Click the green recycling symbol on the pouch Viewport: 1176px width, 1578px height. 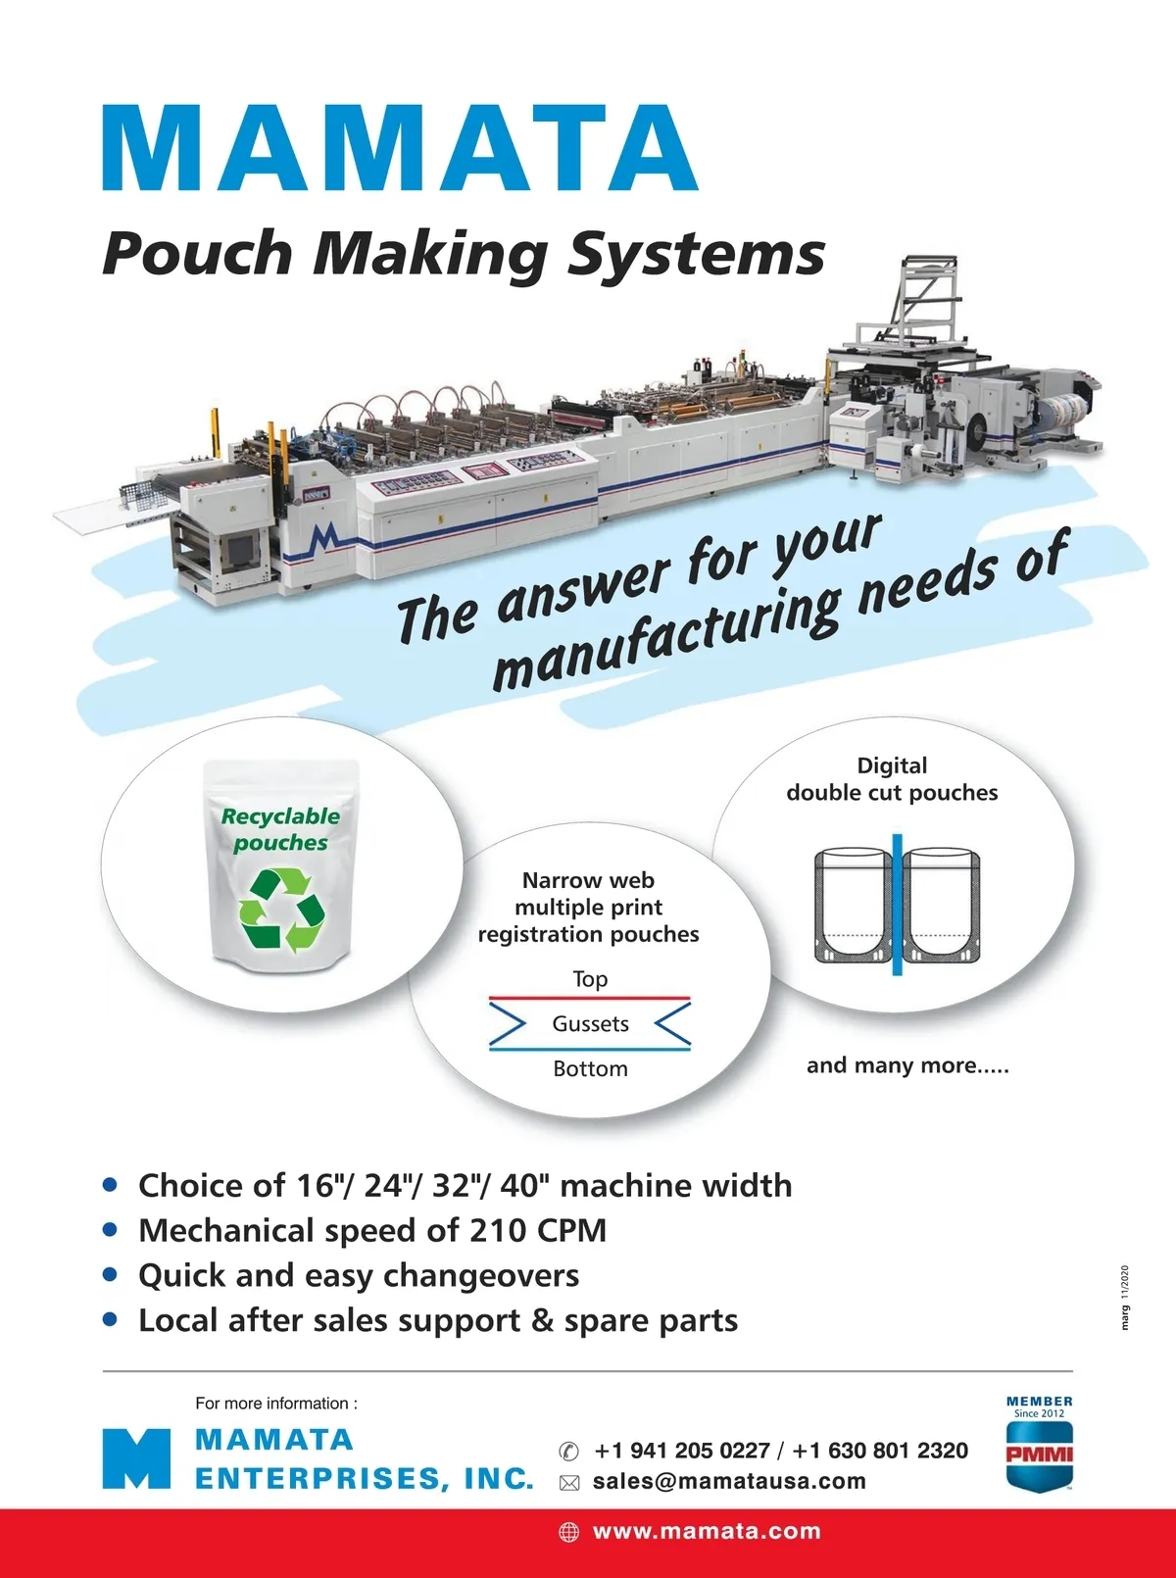(281, 911)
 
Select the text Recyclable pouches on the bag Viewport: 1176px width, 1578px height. (280, 829)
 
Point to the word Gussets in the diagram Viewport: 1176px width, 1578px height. (590, 1024)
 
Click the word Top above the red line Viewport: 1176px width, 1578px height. (590, 979)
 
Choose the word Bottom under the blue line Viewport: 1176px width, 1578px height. (590, 1068)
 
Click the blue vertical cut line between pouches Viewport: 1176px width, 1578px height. (897, 905)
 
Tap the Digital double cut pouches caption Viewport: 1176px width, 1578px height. (892, 779)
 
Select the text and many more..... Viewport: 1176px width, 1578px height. (906, 1065)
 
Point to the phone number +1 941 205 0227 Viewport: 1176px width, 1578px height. (682, 1451)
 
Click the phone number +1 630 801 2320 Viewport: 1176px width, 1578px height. (880, 1451)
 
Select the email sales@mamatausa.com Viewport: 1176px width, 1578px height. (729, 1481)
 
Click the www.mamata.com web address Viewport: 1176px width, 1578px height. (707, 1532)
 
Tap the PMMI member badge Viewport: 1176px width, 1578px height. (1039, 1446)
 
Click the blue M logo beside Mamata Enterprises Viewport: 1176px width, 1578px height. (136, 1459)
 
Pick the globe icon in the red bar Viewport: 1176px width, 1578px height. (569, 1532)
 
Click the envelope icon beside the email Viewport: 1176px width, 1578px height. (569, 1483)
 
